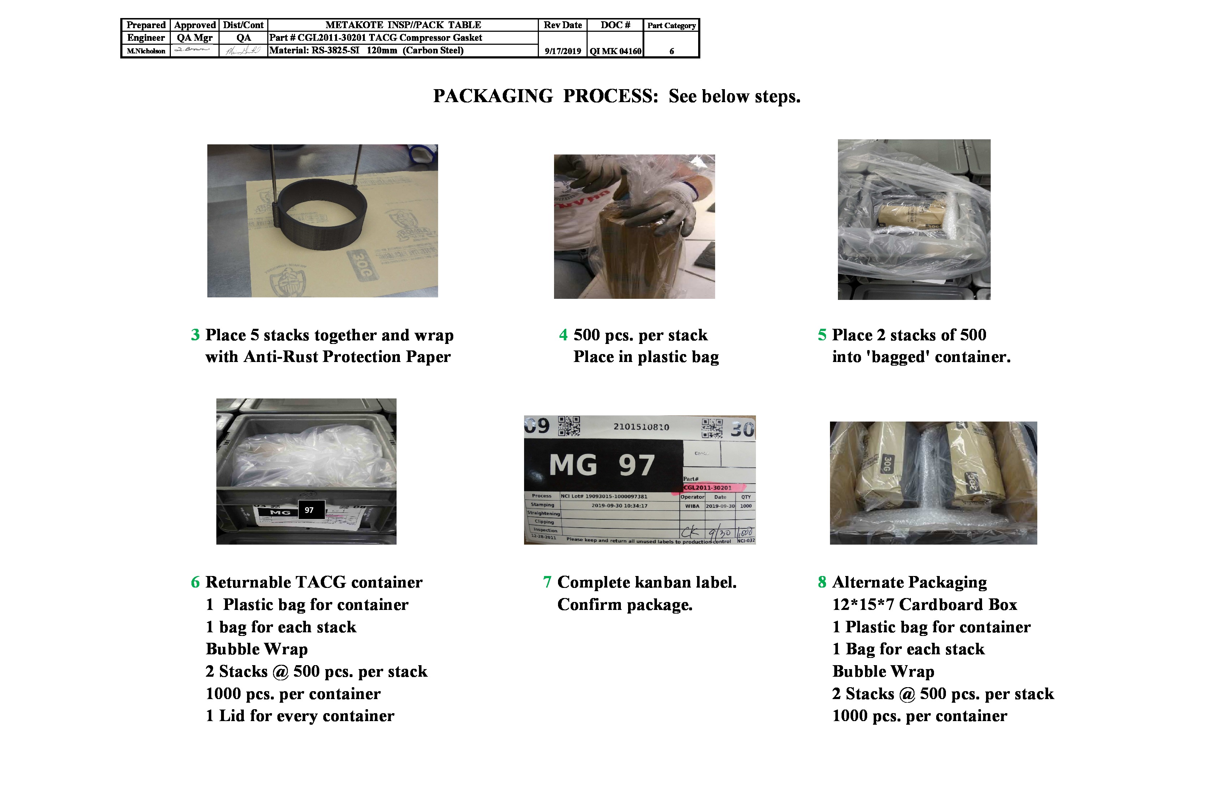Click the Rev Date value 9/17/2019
click(562, 51)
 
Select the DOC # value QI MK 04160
click(615, 51)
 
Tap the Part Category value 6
click(671, 51)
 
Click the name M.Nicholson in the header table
click(146, 51)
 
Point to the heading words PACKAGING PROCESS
click(545, 96)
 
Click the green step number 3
click(195, 335)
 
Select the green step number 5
click(822, 335)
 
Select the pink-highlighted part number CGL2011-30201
click(708, 487)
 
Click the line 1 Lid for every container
click(300, 716)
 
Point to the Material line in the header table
click(366, 51)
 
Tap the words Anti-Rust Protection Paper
click(347, 357)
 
